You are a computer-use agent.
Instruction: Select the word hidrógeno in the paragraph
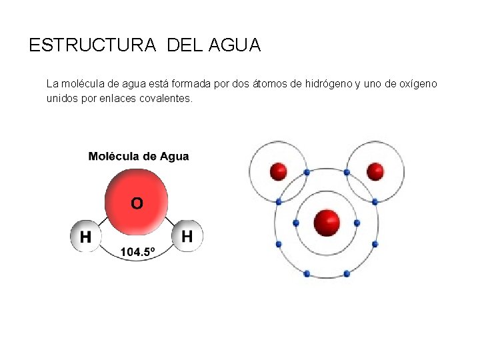[x=328, y=84]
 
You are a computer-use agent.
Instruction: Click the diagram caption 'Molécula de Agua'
[x=139, y=157]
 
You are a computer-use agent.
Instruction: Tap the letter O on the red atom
[x=136, y=203]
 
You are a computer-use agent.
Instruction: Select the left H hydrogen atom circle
[x=85, y=236]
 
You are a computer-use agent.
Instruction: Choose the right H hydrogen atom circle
[x=187, y=235]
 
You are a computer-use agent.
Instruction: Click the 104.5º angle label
[x=137, y=252]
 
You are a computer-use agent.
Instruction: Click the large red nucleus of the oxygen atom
[x=327, y=223]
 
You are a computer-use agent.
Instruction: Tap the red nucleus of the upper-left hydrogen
[x=279, y=172]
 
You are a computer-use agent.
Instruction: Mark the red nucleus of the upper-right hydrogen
[x=375, y=172]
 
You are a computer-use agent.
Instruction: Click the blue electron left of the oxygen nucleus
[x=297, y=223]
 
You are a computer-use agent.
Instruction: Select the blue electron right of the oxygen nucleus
[x=357, y=223]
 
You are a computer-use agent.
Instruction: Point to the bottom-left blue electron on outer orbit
[x=307, y=273]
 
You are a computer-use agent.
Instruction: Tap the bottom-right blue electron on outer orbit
[x=347, y=273]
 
